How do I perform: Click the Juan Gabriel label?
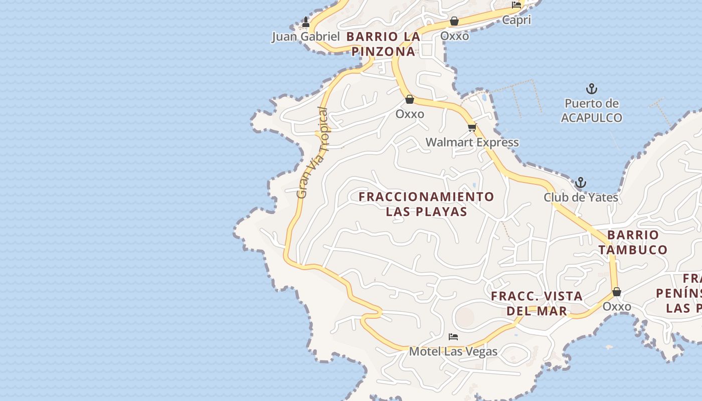(x=305, y=37)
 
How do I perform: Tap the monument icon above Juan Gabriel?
(x=306, y=22)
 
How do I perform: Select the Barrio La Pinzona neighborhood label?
(x=383, y=44)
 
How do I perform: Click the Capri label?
(x=516, y=20)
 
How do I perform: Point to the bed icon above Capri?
(x=516, y=5)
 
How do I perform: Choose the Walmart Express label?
(x=472, y=142)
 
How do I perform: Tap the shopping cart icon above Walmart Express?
(x=472, y=127)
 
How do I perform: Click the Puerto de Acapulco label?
(x=592, y=111)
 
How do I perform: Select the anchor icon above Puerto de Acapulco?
(x=592, y=89)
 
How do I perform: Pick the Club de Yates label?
(x=581, y=197)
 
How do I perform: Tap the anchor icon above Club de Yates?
(x=581, y=182)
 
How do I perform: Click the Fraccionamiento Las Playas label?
(x=426, y=204)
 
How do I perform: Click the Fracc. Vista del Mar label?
(x=537, y=303)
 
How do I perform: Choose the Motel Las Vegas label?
(x=453, y=351)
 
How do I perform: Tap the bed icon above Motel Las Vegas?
(x=453, y=337)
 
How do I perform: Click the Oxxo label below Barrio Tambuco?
(x=617, y=306)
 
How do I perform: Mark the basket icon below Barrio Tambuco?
(x=617, y=292)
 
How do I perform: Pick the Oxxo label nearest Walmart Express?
(x=410, y=114)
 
